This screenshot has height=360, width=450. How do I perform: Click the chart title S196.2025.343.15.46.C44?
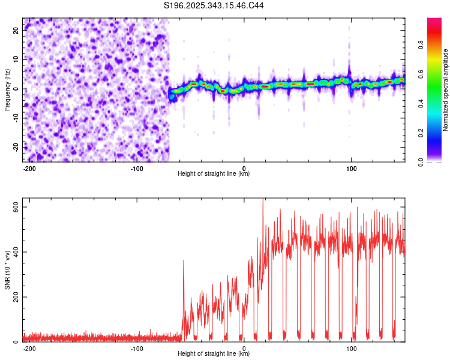[x=214, y=6]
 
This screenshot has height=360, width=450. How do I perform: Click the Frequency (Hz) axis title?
[x=8, y=89]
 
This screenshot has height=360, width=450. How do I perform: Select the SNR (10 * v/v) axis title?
[x=8, y=270]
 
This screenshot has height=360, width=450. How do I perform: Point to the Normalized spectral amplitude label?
[x=446, y=90]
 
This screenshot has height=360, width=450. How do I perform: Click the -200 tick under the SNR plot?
[x=29, y=349]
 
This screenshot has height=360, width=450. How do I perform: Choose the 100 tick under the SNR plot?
[x=352, y=349]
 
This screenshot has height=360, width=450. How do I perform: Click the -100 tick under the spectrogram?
[x=136, y=168]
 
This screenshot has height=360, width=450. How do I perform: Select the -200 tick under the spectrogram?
[x=29, y=168]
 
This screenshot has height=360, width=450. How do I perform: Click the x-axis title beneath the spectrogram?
[x=214, y=174]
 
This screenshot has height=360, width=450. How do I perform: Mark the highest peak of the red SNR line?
[x=263, y=200]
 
